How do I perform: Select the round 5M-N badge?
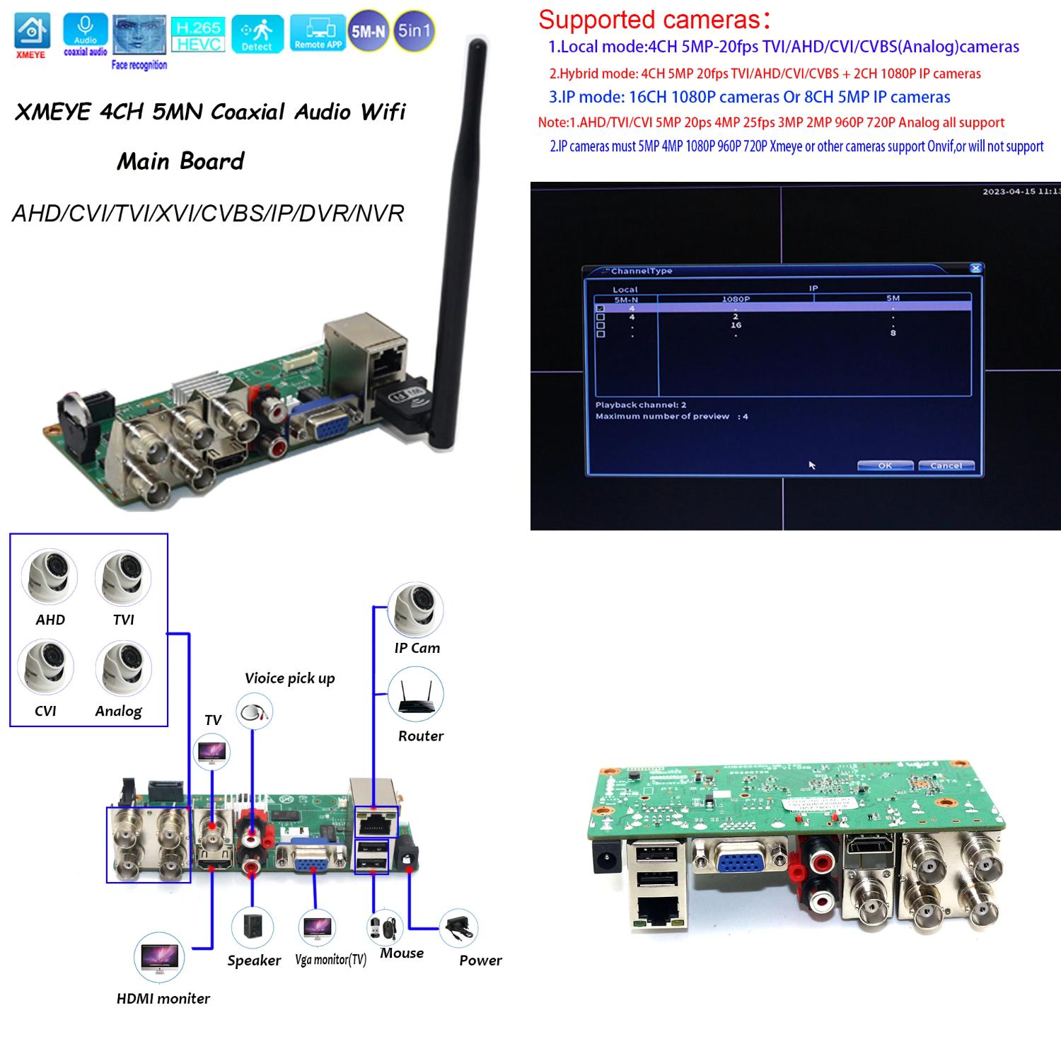[369, 31]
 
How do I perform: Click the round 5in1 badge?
[414, 31]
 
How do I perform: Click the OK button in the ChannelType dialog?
[885, 465]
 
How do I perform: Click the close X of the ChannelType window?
[975, 268]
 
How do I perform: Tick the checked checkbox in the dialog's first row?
[601, 308]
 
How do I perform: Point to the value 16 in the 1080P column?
[736, 325]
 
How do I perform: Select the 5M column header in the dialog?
[893, 298]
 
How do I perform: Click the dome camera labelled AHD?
[50, 577]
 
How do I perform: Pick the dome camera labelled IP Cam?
[416, 610]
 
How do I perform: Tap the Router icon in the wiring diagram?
[416, 696]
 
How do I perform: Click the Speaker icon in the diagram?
[253, 927]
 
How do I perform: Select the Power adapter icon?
[459, 928]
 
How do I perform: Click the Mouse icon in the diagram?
[385, 928]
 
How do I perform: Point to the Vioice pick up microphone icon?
[254, 712]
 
